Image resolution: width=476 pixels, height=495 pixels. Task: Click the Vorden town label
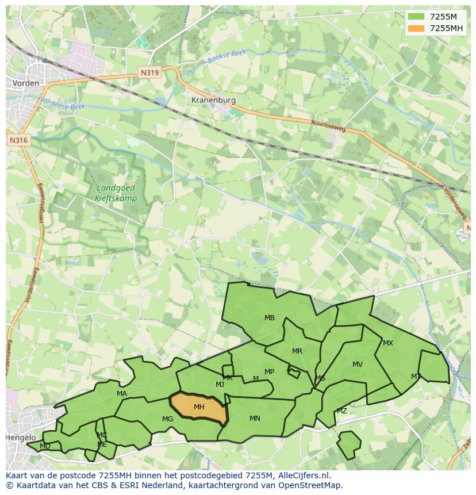coord(25,83)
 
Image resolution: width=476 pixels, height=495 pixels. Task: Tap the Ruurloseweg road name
coord(328,126)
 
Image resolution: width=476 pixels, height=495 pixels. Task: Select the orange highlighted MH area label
coord(199,407)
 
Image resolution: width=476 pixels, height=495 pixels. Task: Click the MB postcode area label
coord(270,317)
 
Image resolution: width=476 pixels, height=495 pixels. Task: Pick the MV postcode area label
coord(358,364)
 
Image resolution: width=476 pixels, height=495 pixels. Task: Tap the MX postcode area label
coord(388,343)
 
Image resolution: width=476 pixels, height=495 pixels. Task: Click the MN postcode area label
coord(255,419)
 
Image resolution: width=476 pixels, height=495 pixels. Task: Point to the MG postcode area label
coord(167,419)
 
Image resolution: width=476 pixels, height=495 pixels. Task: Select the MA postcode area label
coord(122,394)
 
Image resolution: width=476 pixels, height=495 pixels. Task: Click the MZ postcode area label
coord(342,411)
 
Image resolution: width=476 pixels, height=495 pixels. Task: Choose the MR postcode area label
coord(297,351)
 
